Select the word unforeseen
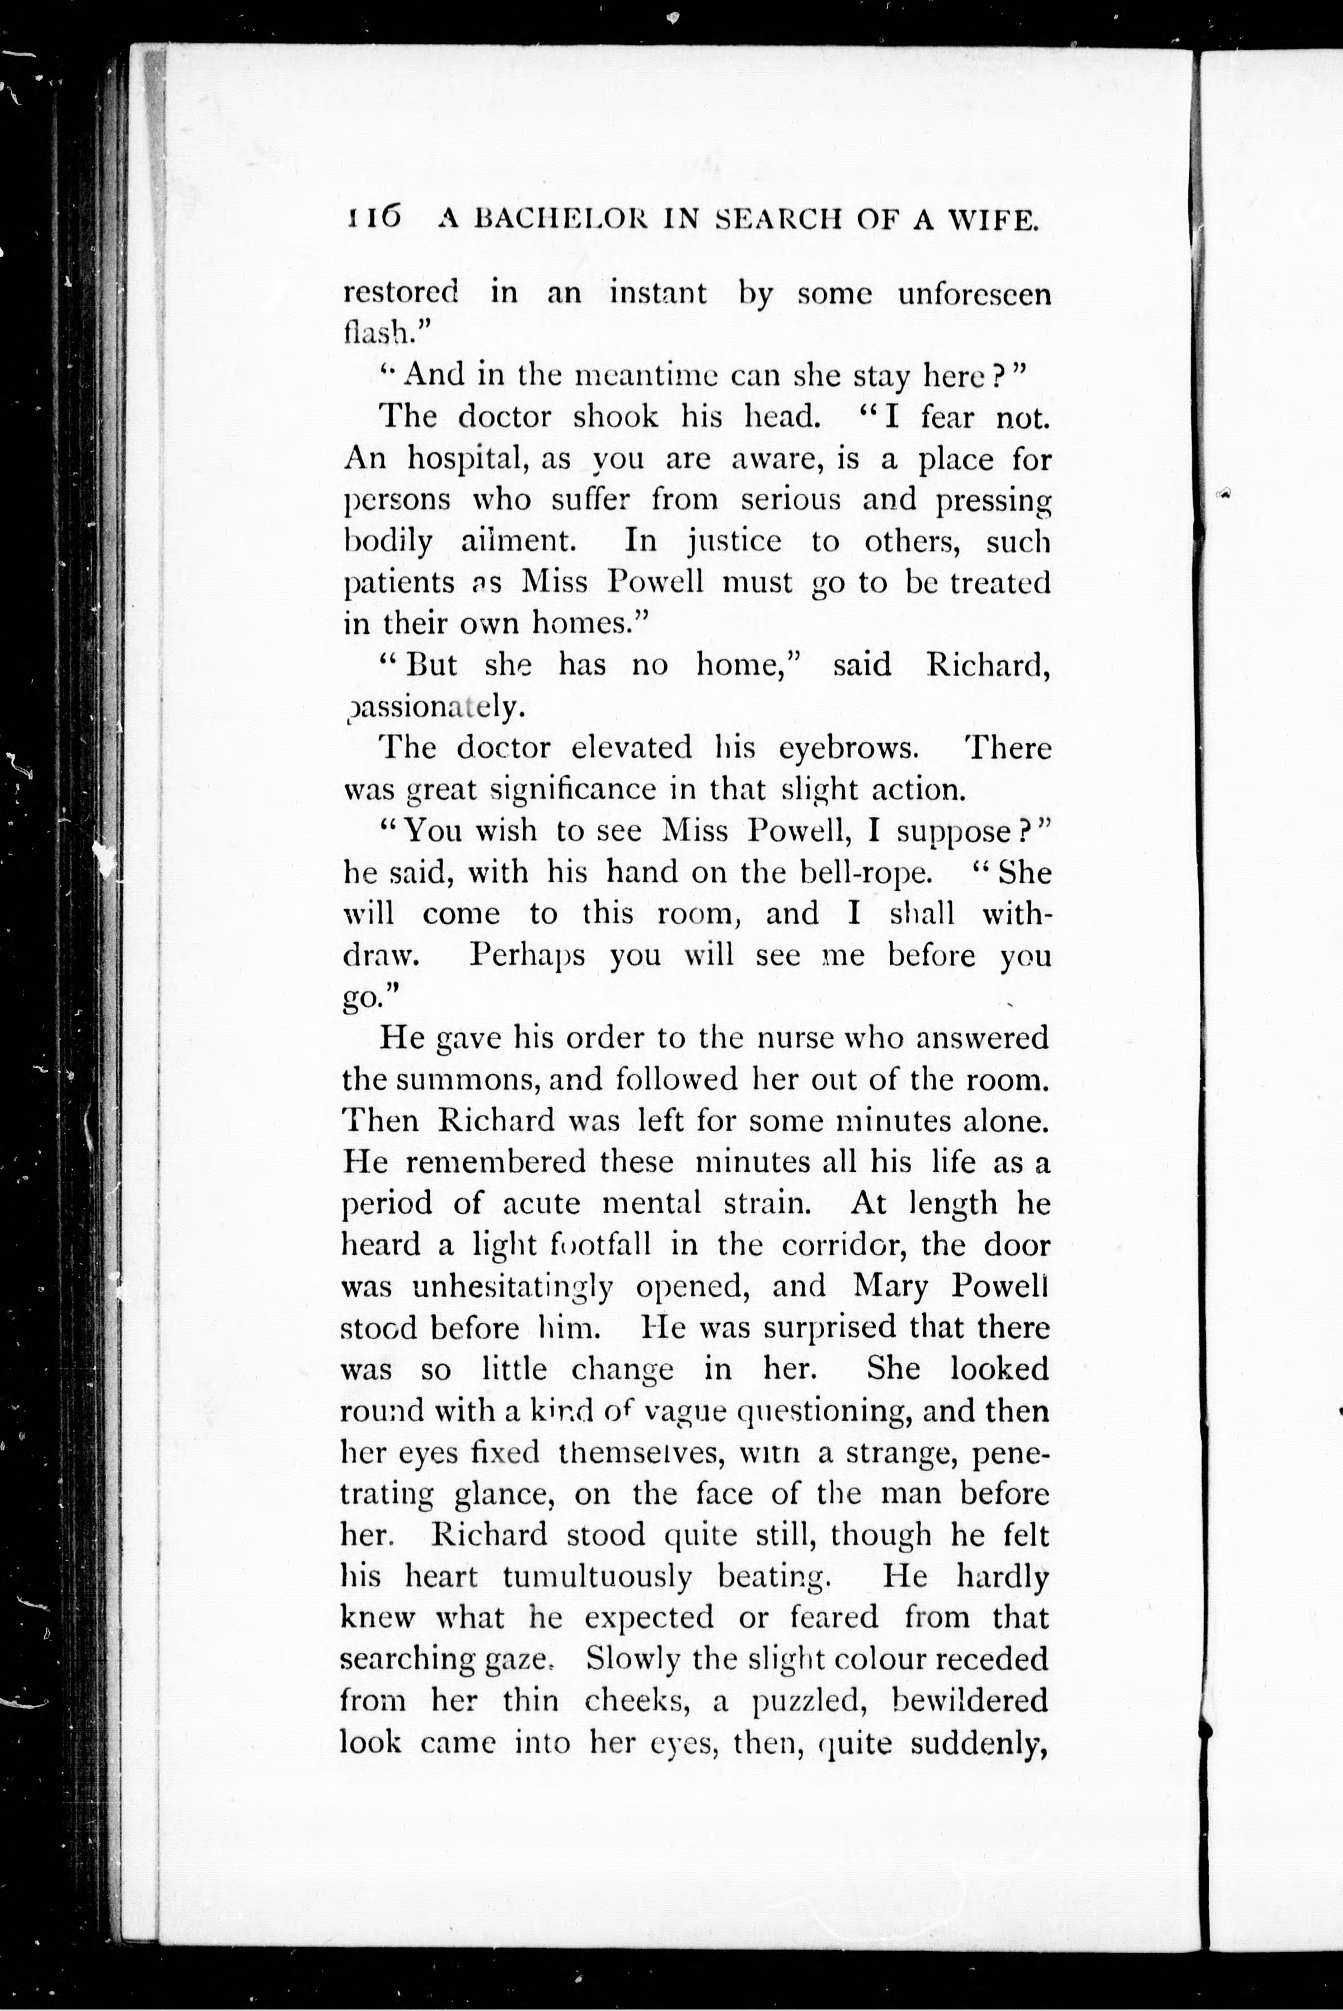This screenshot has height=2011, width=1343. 974,294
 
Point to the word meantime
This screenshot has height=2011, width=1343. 647,375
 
